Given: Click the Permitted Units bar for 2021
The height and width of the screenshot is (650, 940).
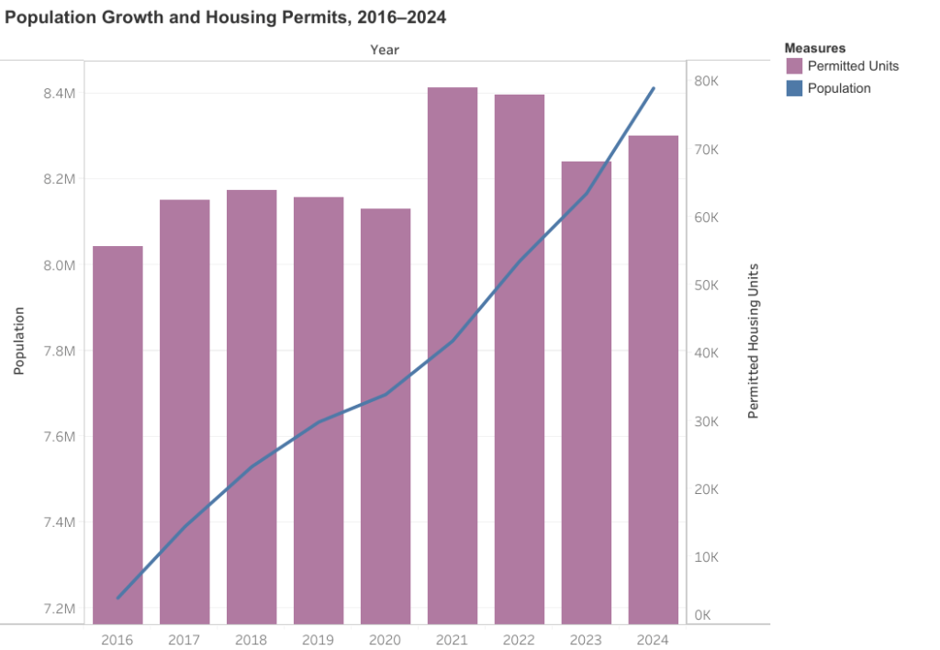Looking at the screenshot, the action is (x=453, y=355).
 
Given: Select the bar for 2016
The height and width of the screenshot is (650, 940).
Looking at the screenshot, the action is (x=117, y=435).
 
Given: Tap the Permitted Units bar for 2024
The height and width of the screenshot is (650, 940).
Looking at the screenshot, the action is (x=654, y=380).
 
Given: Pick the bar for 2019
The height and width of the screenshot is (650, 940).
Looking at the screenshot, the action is (x=319, y=410).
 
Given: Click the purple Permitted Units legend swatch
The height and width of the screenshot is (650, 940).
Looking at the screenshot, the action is (x=794, y=66).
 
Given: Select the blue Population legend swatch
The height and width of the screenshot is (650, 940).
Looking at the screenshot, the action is (x=794, y=88).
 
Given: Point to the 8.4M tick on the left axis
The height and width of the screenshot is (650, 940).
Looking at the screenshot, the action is (x=60, y=93).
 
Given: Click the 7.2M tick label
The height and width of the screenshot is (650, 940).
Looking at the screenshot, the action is (x=60, y=609).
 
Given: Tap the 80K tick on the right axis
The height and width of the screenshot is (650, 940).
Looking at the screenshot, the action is (x=706, y=81).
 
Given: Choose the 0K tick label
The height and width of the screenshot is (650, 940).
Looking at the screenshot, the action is (x=702, y=615).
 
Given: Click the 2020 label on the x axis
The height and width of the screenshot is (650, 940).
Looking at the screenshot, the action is (x=385, y=640).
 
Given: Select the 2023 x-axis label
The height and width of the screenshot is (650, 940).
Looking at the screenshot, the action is (x=586, y=640).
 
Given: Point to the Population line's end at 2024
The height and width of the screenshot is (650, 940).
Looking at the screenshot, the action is (x=654, y=88).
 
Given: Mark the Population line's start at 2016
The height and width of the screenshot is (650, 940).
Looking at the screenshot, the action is (x=117, y=598).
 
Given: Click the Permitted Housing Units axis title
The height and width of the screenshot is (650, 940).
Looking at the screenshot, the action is (x=754, y=342).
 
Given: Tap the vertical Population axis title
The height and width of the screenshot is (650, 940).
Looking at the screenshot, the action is (x=19, y=342).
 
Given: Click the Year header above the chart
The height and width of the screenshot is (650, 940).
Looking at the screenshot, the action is (x=385, y=50).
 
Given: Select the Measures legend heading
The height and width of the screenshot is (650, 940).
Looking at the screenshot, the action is (x=815, y=48).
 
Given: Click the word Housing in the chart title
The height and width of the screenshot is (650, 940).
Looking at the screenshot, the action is (x=237, y=17).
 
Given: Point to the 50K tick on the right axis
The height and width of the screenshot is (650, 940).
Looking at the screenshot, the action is (x=706, y=285).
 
